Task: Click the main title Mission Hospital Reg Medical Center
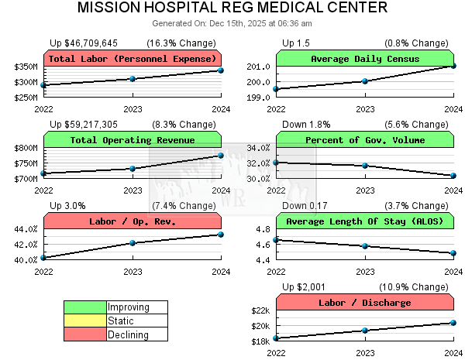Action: pos(232,9)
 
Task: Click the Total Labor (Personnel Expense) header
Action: pos(133,59)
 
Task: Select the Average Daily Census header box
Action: pos(365,59)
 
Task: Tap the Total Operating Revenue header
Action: pos(133,140)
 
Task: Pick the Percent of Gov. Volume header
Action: pos(365,140)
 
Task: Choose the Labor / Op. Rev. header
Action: pos(133,221)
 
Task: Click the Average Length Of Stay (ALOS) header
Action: pos(365,221)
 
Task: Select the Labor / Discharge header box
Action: pos(365,303)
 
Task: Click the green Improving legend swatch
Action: pos(85,307)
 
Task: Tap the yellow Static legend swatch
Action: pos(85,321)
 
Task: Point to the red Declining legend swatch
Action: pos(85,335)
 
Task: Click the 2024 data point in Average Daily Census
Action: pos(453,66)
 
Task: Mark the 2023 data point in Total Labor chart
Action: pos(133,78)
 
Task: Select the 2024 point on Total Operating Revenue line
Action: pos(221,156)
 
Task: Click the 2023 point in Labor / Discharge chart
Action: pos(365,331)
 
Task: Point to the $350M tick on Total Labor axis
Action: pos(26,67)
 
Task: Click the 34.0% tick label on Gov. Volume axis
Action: pos(258,148)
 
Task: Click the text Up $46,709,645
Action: pos(84,43)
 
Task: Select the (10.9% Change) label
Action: pos(416,286)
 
